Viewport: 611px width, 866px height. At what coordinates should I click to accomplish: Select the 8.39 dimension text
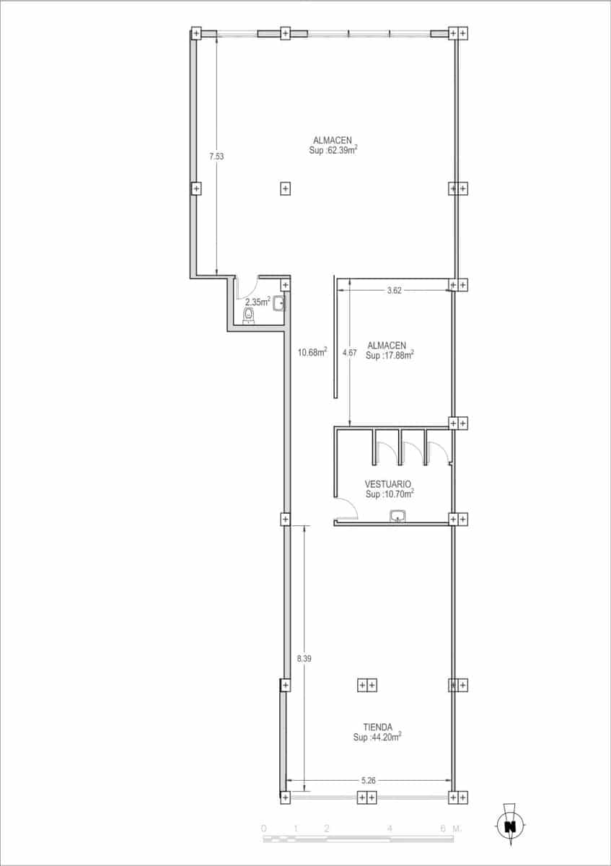tap(304, 658)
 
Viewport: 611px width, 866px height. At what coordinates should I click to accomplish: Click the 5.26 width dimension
tap(369, 779)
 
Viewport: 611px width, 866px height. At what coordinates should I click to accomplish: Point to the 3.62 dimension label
tap(394, 290)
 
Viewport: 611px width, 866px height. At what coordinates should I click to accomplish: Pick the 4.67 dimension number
tap(350, 353)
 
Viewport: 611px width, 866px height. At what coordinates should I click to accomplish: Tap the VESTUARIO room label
tap(388, 484)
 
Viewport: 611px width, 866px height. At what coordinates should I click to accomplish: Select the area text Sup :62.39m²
tap(333, 151)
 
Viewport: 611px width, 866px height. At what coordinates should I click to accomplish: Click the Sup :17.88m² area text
tap(389, 355)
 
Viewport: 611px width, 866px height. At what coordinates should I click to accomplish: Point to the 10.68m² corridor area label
tap(312, 352)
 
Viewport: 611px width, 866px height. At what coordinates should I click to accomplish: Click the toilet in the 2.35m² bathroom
tap(249, 317)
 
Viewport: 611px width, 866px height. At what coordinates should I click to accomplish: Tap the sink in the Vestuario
tap(397, 515)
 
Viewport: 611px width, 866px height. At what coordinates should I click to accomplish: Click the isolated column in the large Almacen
tap(286, 189)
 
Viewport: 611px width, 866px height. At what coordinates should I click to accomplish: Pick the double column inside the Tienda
tap(367, 685)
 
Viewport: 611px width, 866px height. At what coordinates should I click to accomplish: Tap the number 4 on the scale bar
tap(390, 828)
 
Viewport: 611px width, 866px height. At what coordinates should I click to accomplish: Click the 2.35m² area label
tap(258, 302)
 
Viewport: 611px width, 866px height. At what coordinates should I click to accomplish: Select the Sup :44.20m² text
tap(377, 738)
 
